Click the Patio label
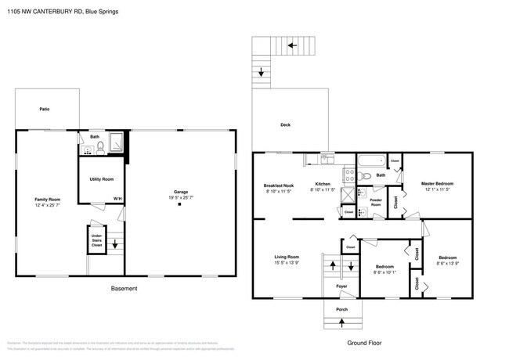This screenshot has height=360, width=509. [x=45, y=108]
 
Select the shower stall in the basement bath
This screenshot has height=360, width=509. [x=115, y=142]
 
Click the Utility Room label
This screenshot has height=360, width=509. [x=103, y=179]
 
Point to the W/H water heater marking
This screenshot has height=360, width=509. [x=117, y=199]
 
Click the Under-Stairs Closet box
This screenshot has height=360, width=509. [x=97, y=240]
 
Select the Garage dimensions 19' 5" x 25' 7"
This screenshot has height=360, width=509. [x=181, y=196]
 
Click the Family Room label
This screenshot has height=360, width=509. [x=47, y=200]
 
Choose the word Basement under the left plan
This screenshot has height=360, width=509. [x=124, y=289]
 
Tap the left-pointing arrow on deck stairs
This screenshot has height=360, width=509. [x=292, y=45]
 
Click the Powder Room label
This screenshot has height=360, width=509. [x=376, y=201]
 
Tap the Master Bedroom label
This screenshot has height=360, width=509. [x=437, y=183]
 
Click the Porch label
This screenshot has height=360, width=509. [x=341, y=309]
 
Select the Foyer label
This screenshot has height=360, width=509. [x=341, y=286]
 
